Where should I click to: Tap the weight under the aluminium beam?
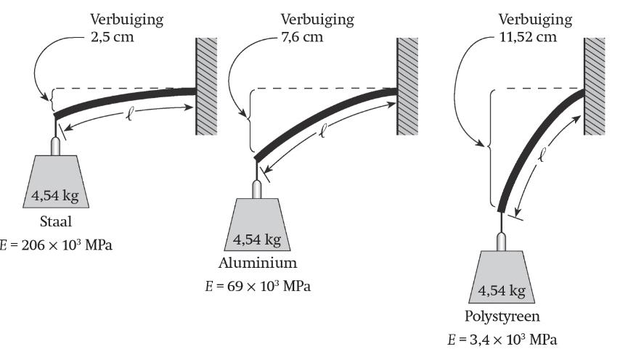point(256,225)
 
